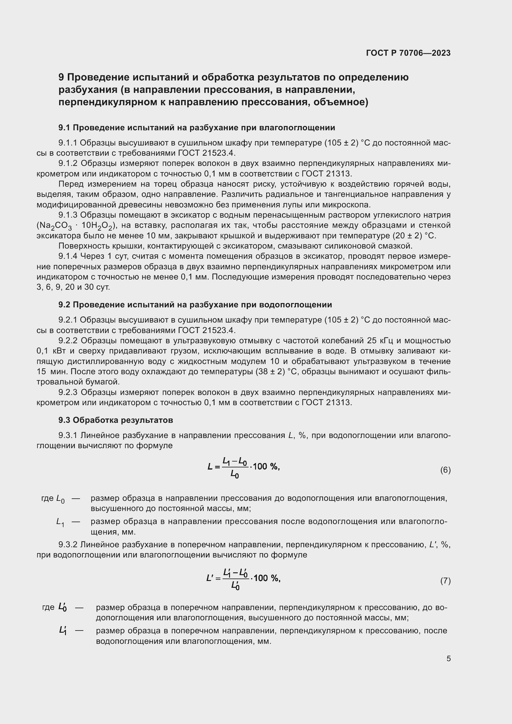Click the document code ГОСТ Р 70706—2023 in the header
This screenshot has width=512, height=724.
tap(408, 53)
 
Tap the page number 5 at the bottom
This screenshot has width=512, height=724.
tap(448, 658)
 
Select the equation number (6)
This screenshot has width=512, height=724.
tap(445, 470)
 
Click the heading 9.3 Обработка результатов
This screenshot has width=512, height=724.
tap(115, 420)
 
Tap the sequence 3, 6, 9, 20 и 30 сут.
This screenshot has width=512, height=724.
tap(73, 287)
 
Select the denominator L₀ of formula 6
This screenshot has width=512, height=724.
tap(234, 474)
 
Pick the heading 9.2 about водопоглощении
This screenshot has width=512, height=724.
tap(195, 305)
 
